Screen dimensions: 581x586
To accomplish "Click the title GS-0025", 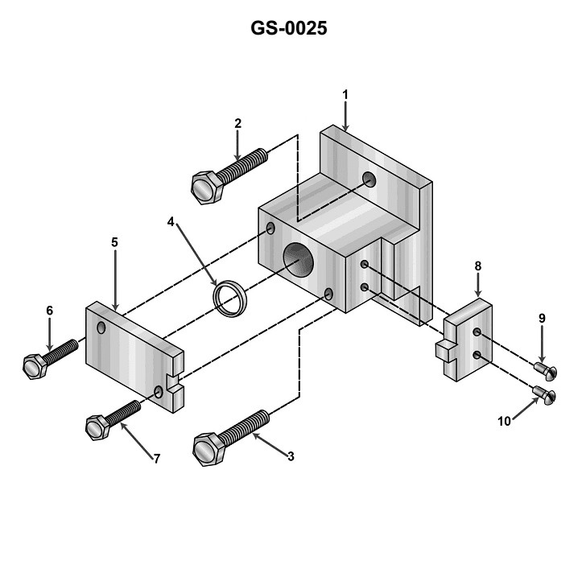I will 290,28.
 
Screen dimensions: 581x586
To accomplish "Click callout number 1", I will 345,94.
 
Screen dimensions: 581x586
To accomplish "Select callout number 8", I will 478,266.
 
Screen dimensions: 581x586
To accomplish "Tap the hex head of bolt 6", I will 35,366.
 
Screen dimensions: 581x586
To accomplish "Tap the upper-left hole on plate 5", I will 101,328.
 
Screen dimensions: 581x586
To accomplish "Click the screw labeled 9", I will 543,369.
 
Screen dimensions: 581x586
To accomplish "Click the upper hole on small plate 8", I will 477,332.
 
